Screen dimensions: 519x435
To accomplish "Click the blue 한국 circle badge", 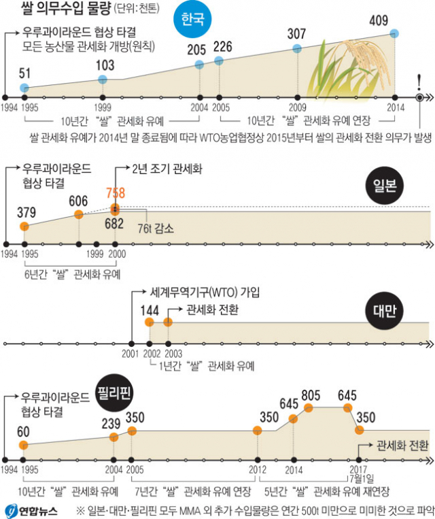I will tap(192, 21).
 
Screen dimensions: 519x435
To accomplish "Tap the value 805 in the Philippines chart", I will tap(310, 393).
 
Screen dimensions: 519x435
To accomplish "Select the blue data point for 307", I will tap(296, 48).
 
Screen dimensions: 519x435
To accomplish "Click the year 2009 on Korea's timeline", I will tap(296, 108).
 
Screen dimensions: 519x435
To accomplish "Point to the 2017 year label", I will tap(358, 469).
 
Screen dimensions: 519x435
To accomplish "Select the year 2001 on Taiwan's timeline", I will tap(130, 354).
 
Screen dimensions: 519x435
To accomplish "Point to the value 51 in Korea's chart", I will tap(24, 73).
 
